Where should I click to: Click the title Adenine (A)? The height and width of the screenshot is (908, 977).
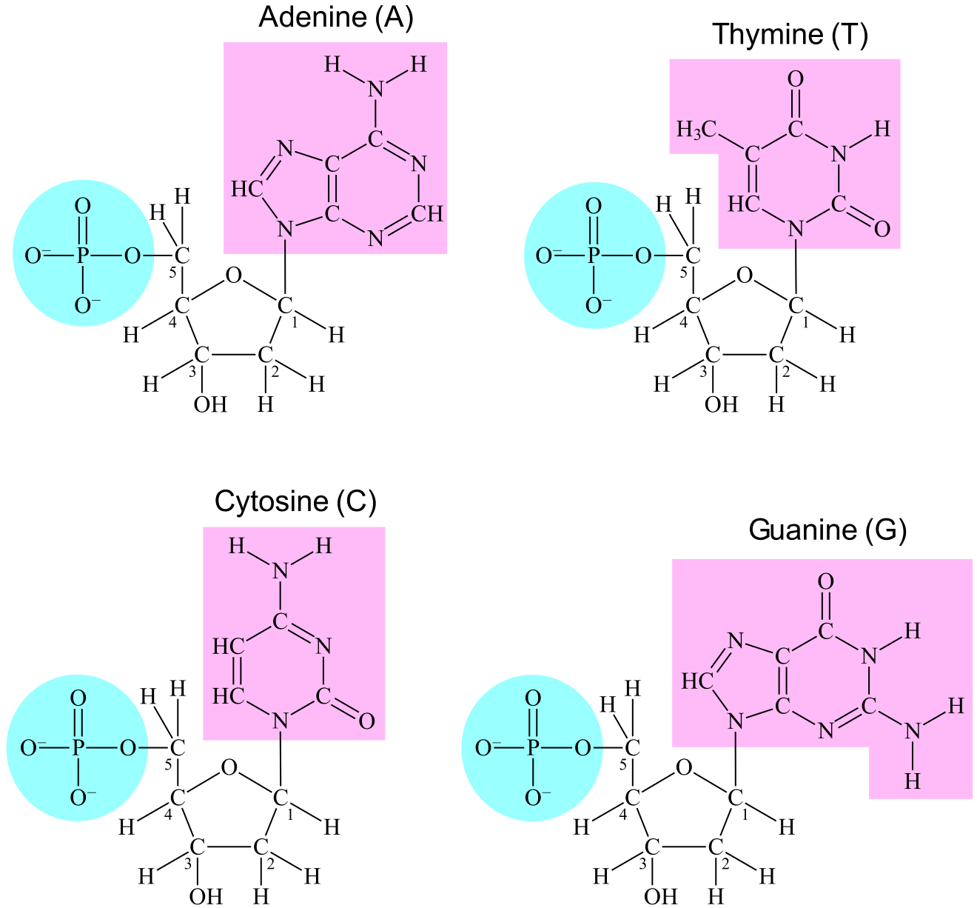pyautogui.click(x=335, y=18)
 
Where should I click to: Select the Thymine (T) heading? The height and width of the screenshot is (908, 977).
pyautogui.click(x=789, y=34)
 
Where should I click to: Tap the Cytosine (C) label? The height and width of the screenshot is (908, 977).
pyautogui.click(x=295, y=501)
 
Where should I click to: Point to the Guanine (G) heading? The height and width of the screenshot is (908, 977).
pyautogui.click(x=827, y=530)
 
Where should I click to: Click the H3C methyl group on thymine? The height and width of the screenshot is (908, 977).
pyautogui.click(x=696, y=130)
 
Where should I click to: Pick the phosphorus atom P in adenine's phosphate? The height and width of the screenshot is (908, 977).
pyautogui.click(x=82, y=256)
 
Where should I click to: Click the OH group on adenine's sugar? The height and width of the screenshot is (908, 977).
pyautogui.click(x=209, y=404)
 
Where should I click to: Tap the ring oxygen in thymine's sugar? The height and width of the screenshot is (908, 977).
pyautogui.click(x=745, y=276)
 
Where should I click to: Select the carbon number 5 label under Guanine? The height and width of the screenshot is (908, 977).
pyautogui.click(x=622, y=764)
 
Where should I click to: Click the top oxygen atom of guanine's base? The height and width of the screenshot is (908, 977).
pyautogui.click(x=826, y=581)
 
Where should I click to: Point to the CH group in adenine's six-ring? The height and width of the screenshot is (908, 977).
pyautogui.click(x=427, y=214)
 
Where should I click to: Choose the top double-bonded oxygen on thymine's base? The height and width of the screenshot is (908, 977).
pyautogui.click(x=796, y=79)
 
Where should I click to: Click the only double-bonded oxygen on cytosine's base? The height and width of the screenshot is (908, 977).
pyautogui.click(x=366, y=720)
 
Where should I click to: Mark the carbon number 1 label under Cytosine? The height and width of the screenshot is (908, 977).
pyautogui.click(x=289, y=815)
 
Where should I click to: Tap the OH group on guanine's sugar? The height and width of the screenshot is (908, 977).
pyautogui.click(x=660, y=896)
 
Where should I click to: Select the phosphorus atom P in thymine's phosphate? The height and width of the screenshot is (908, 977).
pyautogui.click(x=593, y=256)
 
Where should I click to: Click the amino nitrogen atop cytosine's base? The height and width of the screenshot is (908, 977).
pyautogui.click(x=280, y=571)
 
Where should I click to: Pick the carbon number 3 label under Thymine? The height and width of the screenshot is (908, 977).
pyautogui.click(x=704, y=371)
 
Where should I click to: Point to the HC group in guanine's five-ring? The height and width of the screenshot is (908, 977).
pyautogui.click(x=696, y=681)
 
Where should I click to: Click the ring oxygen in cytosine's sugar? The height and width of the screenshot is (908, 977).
pyautogui.click(x=229, y=767)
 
